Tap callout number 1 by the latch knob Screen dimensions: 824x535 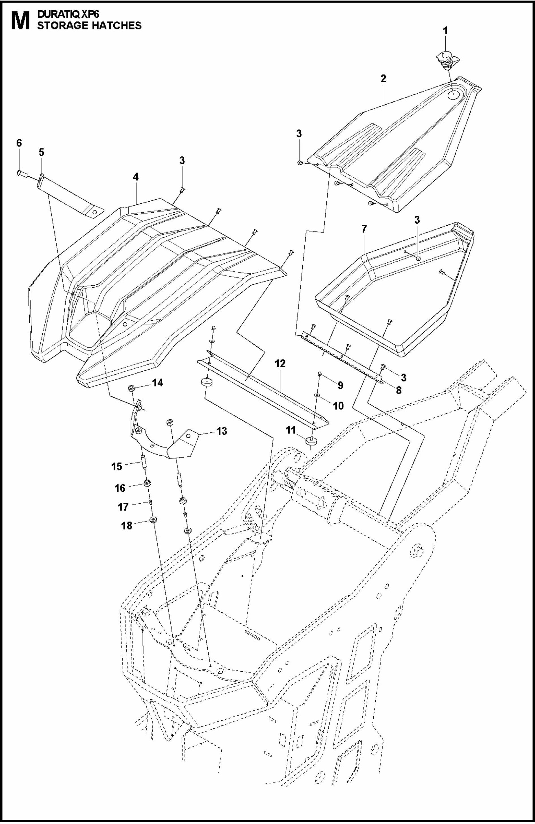446,31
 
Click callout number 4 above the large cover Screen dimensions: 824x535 136,177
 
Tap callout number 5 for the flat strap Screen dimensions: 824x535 42,152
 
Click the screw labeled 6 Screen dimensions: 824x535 20,172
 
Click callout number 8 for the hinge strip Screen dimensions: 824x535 399,390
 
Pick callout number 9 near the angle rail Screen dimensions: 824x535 340,385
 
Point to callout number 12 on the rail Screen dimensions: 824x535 280,364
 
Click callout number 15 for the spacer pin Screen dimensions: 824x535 117,466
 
